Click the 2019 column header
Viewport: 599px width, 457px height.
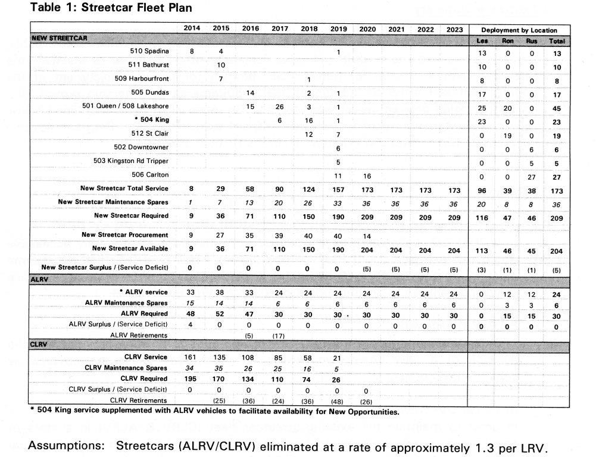coord(338,29)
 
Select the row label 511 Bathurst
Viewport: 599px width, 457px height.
coord(148,64)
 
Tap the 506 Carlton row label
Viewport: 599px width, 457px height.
coord(150,175)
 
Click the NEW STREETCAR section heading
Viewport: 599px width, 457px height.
coord(59,38)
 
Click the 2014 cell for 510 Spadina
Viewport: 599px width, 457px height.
coord(192,51)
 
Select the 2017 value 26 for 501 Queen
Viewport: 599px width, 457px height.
coord(280,106)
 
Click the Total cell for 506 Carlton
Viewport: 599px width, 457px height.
coord(556,176)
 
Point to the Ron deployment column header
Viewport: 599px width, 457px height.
coord(507,41)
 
